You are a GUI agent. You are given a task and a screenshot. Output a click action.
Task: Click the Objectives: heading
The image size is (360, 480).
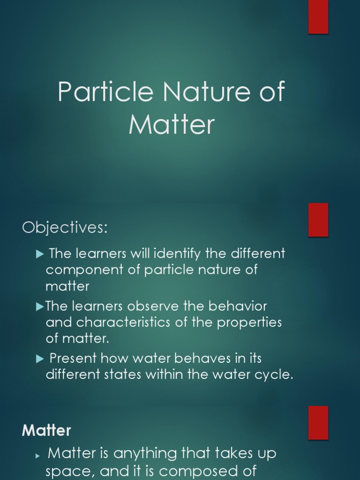click(x=65, y=228)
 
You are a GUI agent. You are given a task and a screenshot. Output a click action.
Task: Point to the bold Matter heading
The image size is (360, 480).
click(x=46, y=430)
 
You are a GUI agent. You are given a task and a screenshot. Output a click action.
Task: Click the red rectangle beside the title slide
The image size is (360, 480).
click(x=318, y=17)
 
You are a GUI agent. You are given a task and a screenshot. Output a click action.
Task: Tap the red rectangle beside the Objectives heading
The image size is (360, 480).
click(x=318, y=220)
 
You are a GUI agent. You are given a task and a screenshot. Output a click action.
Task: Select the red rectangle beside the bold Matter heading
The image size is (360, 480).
click(x=318, y=422)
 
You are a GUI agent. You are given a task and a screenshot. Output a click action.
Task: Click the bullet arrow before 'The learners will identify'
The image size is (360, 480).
click(x=39, y=254)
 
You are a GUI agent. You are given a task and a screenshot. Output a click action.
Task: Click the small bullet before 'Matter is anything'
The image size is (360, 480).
click(x=39, y=455)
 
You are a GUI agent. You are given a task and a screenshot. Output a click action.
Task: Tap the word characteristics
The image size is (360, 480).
click(x=128, y=323)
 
